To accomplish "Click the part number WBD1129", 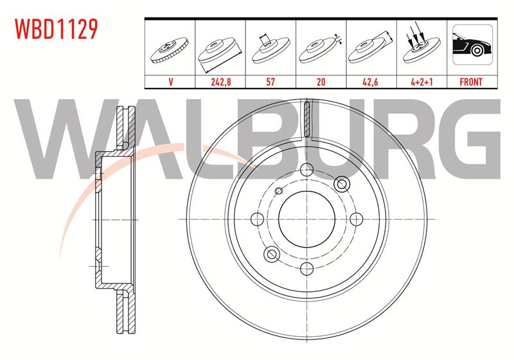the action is (57, 29).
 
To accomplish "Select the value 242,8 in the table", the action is (220, 82).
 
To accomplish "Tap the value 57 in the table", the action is (270, 82).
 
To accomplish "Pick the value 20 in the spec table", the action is (321, 82).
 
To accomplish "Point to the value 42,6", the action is (371, 82).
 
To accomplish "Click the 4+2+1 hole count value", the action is (421, 82).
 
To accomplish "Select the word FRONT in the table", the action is (471, 82).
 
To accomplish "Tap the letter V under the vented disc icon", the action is (170, 82).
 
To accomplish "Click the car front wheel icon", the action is (472, 44).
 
